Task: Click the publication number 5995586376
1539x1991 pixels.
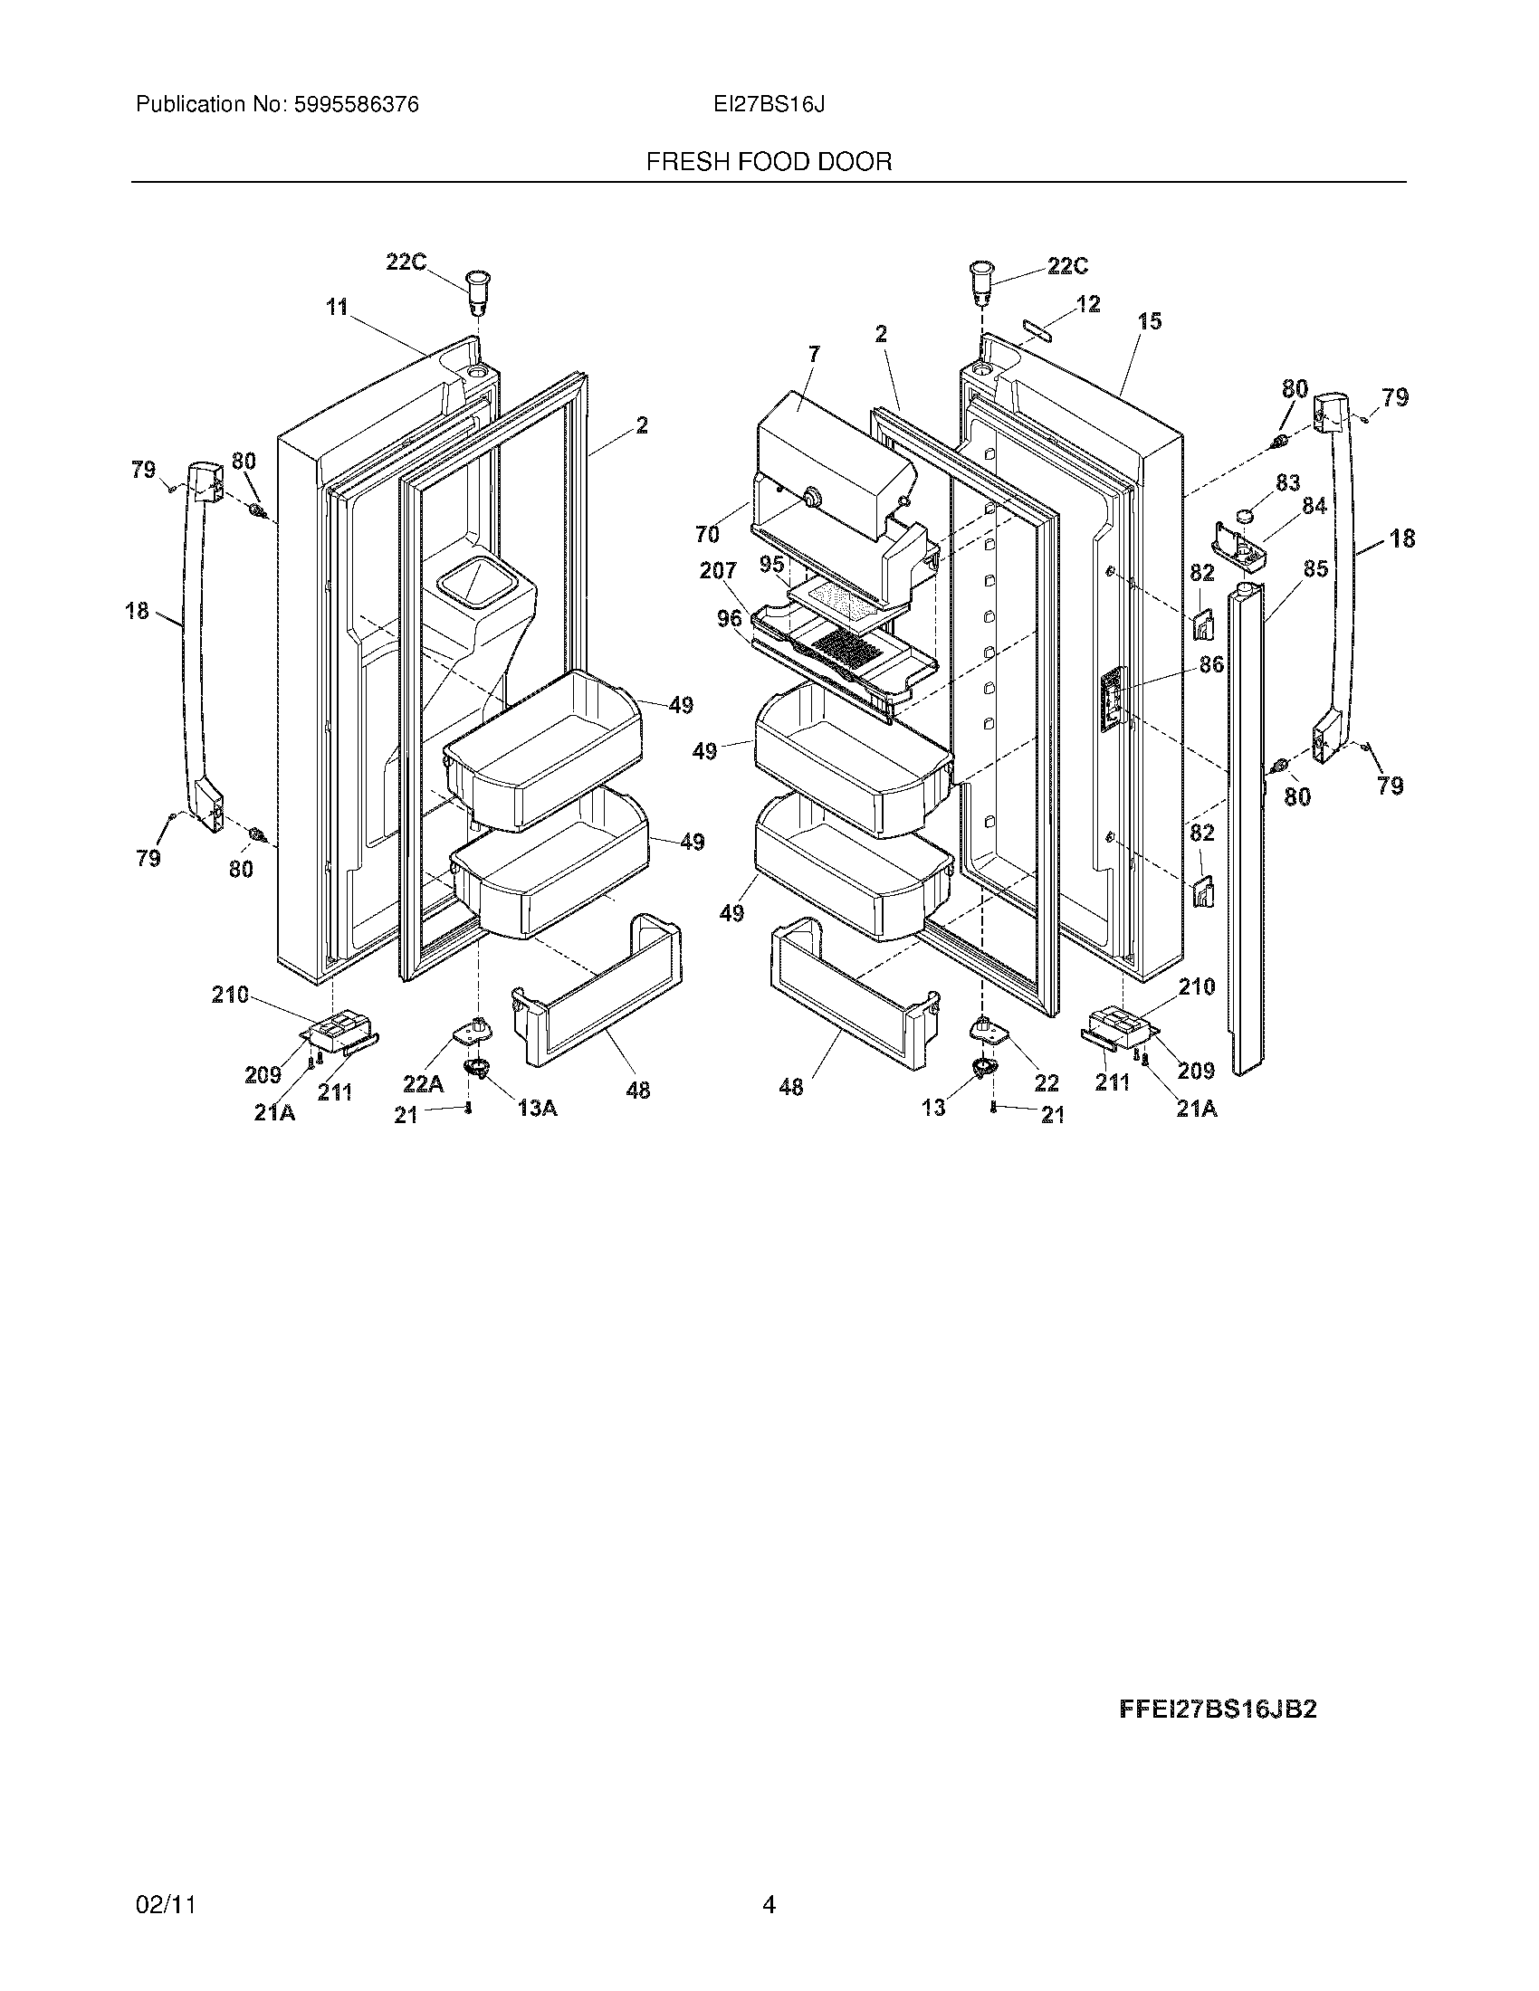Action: point(355,105)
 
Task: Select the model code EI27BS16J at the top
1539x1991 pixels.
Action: point(769,105)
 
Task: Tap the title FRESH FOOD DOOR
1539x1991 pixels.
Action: point(769,162)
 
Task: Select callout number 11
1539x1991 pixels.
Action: point(338,308)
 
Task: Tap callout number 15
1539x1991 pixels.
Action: point(1150,321)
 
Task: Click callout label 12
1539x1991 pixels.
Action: point(1087,303)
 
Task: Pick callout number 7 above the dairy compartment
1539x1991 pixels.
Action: point(814,354)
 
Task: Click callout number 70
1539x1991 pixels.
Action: point(708,534)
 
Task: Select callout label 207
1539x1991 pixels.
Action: point(718,572)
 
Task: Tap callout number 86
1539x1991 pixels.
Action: point(1211,664)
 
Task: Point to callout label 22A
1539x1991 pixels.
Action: point(423,1083)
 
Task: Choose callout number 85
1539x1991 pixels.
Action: point(1314,569)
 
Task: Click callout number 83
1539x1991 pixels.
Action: point(1287,482)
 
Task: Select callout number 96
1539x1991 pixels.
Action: point(730,618)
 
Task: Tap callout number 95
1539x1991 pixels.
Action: point(771,565)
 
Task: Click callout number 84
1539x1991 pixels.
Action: point(1314,505)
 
